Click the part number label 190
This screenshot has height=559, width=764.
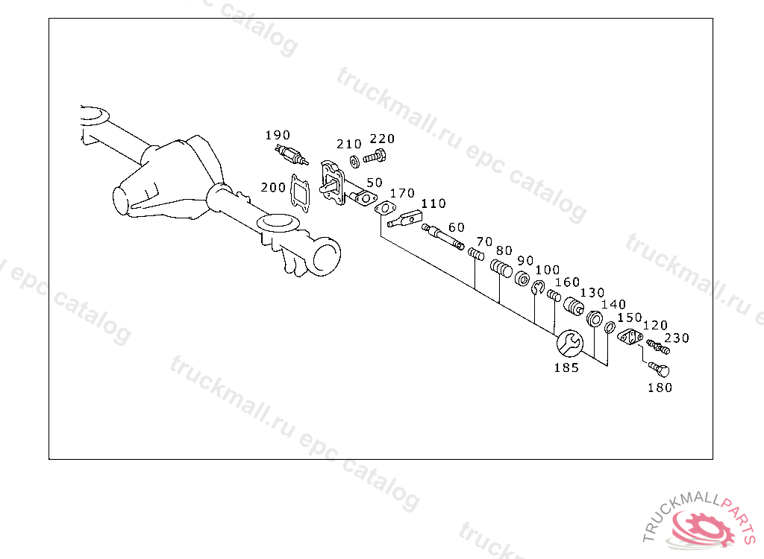tap(278, 135)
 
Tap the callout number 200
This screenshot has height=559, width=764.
tap(273, 187)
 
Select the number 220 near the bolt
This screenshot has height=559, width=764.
tap(382, 139)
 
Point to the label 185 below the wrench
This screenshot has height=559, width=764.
tap(566, 367)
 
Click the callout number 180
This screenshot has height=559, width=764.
tap(660, 388)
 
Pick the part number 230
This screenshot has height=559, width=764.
tap(677, 338)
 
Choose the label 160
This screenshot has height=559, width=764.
tap(567, 282)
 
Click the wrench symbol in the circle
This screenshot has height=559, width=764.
tap(569, 343)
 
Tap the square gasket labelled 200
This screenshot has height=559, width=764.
tap(301, 192)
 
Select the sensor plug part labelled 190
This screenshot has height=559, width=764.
tap(291, 156)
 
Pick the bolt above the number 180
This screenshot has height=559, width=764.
tap(658, 369)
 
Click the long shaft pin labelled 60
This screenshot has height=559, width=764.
tap(445, 238)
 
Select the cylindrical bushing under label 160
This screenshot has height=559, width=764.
tap(574, 307)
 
